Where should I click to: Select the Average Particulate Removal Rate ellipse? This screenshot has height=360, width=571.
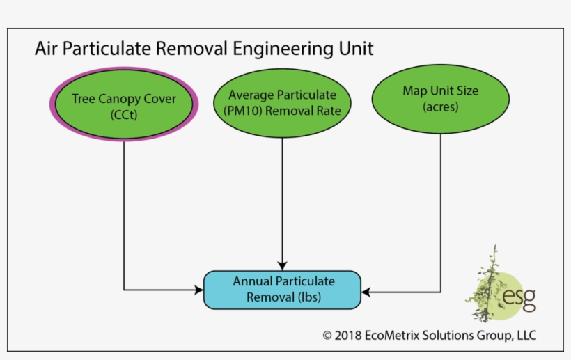(282, 102)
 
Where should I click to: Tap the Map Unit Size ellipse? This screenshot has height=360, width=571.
(440, 99)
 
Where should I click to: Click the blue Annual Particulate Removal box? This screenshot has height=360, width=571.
(282, 290)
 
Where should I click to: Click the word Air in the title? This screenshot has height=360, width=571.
(47, 49)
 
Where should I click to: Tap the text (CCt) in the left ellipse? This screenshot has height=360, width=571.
(124, 115)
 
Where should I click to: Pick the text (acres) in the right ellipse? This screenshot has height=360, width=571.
(440, 107)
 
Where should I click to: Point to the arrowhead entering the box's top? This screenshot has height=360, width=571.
(282, 265)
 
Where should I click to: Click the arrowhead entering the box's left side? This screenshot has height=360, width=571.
(198, 290)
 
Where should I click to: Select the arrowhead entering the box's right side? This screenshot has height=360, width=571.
(366, 292)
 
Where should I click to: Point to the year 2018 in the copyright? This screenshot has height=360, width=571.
(348, 336)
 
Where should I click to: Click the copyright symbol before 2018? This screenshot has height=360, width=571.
(327, 336)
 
